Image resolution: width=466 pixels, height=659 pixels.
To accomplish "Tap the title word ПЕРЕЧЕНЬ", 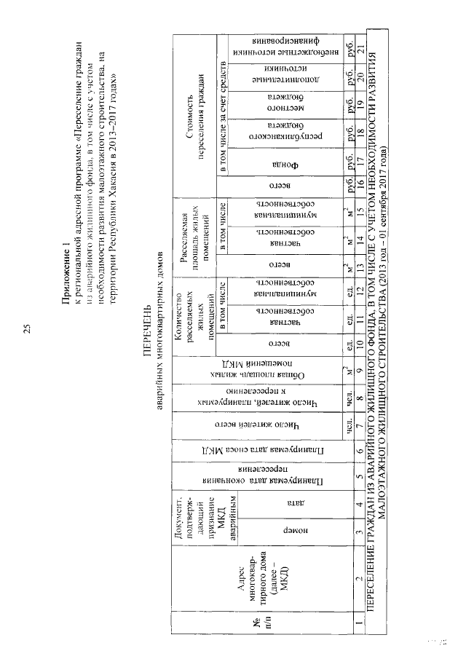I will point(143,328).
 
